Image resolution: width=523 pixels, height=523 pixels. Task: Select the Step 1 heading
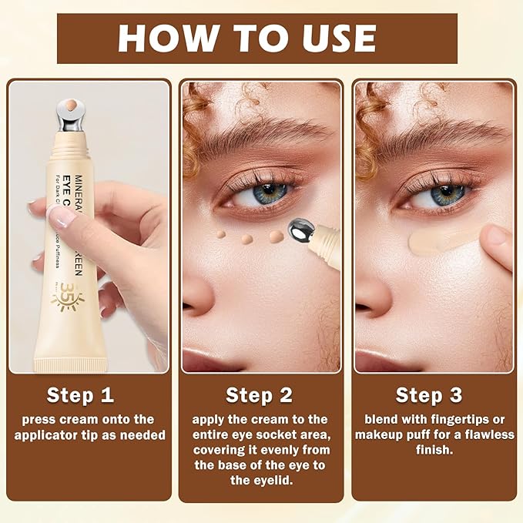tap(80, 395)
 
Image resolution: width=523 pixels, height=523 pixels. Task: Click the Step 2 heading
tap(259, 395)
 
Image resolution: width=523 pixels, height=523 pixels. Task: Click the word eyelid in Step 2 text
tap(278, 481)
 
